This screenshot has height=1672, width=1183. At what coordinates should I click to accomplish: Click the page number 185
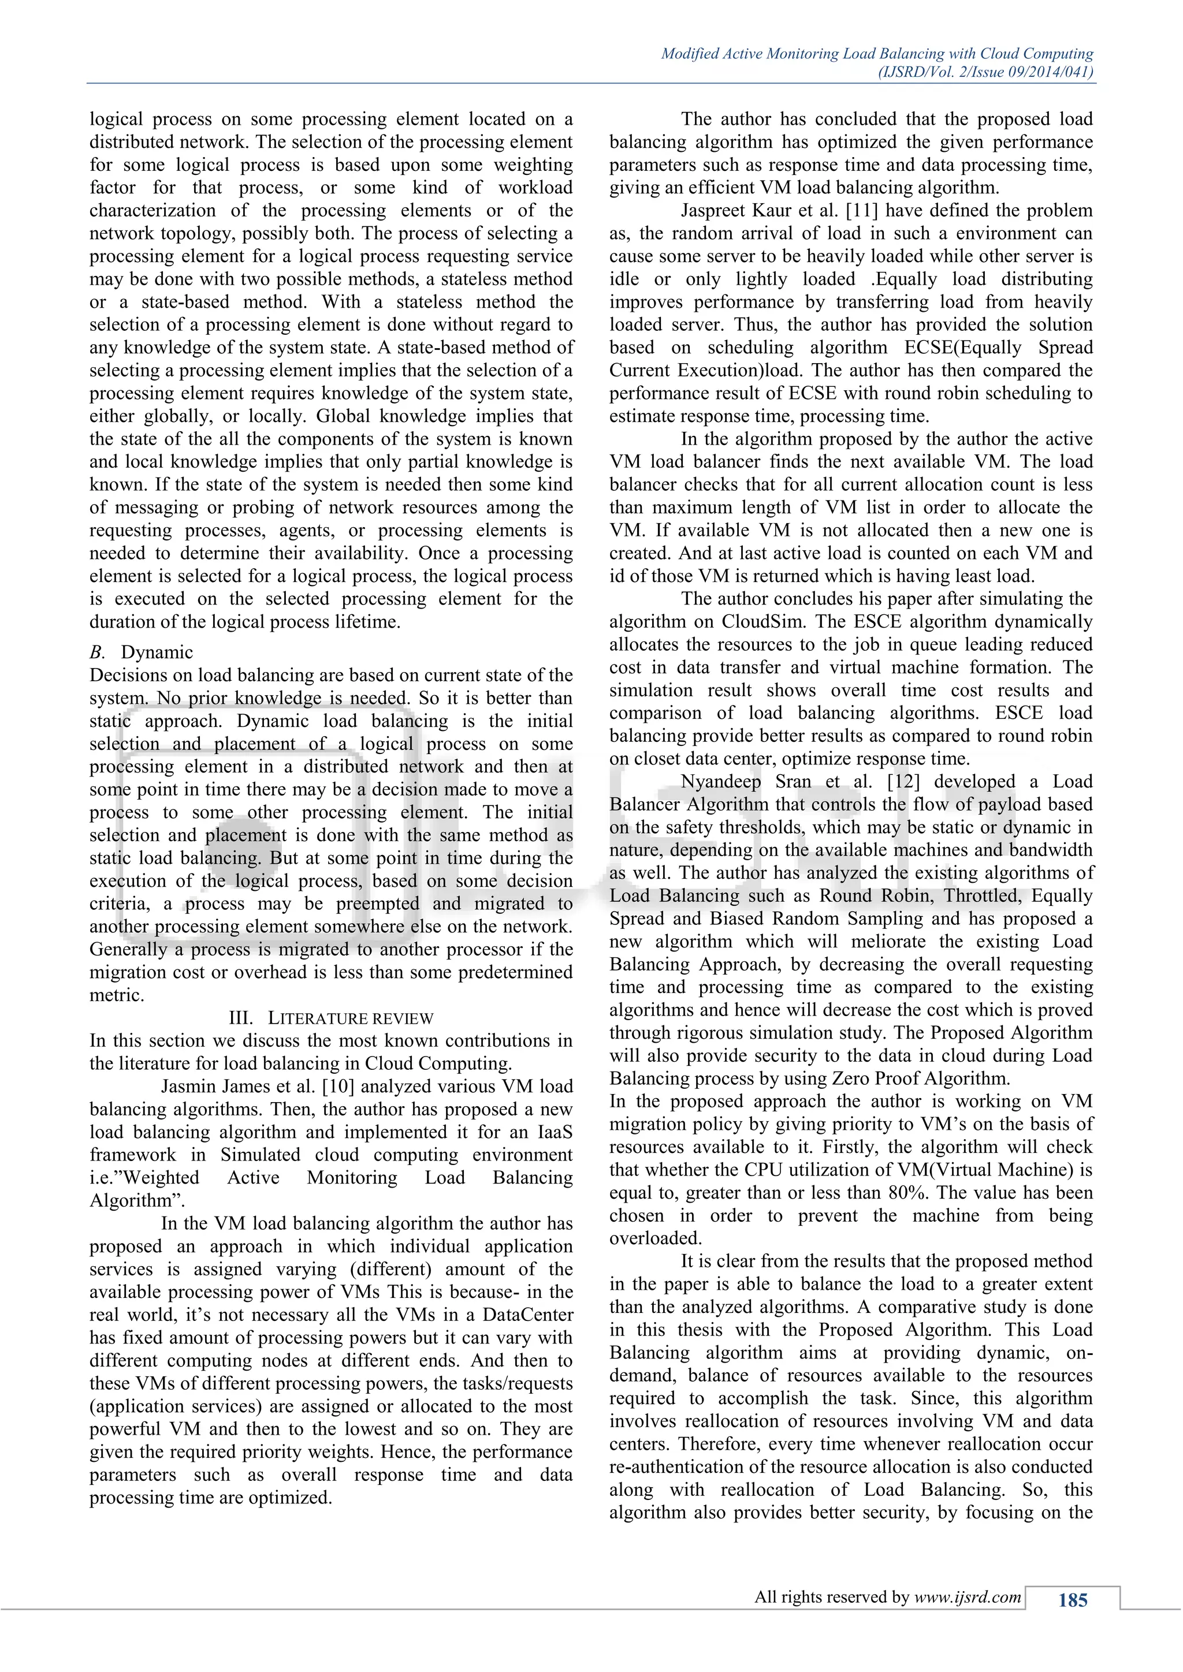tap(1072, 1600)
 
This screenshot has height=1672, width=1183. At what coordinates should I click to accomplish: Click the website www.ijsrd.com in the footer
tap(968, 1597)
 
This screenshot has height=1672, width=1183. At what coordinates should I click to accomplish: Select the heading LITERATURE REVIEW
tap(351, 1018)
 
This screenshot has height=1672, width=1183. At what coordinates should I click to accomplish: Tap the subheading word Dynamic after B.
tap(157, 652)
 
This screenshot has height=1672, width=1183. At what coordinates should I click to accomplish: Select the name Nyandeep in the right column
tap(721, 781)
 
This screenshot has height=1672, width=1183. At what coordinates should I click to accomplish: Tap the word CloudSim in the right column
tap(765, 622)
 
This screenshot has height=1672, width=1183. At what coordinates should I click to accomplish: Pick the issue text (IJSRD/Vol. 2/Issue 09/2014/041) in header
tap(985, 72)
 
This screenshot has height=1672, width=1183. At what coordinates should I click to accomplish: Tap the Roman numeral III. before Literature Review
tap(241, 1018)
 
